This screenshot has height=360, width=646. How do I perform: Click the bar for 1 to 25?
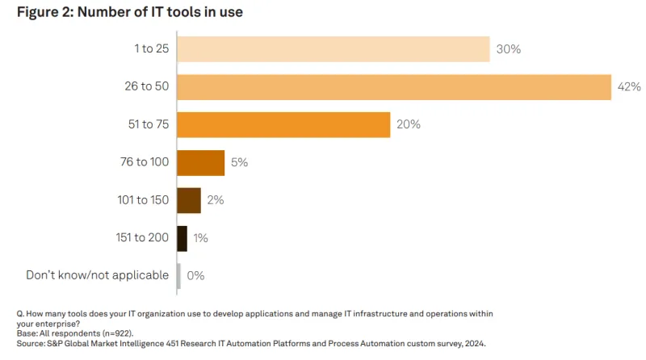tap(333, 49)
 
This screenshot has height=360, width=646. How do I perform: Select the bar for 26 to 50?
tap(393, 87)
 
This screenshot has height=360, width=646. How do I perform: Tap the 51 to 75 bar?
tap(283, 125)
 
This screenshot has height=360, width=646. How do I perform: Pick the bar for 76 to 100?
tap(200, 162)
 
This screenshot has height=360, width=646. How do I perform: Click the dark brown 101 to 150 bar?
tap(188, 200)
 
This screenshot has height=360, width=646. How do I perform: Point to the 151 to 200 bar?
tap(182, 237)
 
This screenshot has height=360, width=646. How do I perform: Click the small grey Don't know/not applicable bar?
tap(178, 275)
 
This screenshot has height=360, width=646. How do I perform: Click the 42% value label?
tap(629, 87)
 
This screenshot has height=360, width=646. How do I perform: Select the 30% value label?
tap(509, 49)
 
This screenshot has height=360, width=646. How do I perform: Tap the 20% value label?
tap(409, 125)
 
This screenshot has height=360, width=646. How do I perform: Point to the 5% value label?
tap(239, 162)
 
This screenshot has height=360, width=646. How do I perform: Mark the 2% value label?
tap(216, 200)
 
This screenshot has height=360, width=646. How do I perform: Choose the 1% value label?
tap(201, 237)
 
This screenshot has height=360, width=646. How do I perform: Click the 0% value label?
tap(195, 275)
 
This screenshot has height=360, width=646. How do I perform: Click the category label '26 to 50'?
tap(145, 87)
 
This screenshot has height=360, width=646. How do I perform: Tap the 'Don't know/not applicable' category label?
tap(97, 275)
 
